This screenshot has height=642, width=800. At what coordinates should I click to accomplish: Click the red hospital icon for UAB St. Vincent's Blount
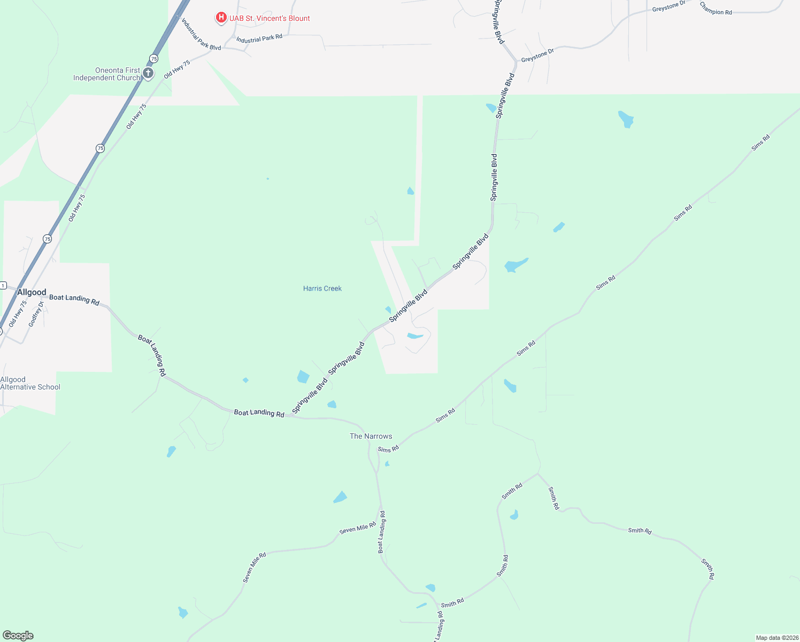point(220,18)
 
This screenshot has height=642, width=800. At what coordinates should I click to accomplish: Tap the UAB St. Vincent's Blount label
point(270,18)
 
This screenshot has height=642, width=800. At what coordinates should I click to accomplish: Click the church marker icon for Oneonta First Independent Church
point(148,73)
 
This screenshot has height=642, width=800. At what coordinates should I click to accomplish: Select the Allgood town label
point(32,292)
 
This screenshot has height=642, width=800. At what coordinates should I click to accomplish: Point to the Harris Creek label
point(322,288)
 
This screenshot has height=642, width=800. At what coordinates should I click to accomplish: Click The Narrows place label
point(371,436)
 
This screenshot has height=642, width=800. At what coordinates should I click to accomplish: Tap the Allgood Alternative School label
point(30,383)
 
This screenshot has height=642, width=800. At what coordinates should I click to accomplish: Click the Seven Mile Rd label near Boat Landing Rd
point(358,528)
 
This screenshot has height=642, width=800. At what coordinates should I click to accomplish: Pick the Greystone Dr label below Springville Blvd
point(537,55)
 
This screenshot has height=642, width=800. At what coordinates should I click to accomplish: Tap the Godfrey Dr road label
point(36,315)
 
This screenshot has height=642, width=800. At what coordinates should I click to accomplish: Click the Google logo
point(18,636)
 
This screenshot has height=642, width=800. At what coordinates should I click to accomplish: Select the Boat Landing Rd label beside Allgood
point(74,300)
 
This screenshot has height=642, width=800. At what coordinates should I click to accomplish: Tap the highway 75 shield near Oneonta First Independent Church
point(154,58)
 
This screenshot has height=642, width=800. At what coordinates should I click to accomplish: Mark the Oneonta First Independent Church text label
point(106,74)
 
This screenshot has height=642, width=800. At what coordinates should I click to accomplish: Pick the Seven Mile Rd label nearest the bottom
point(254,568)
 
